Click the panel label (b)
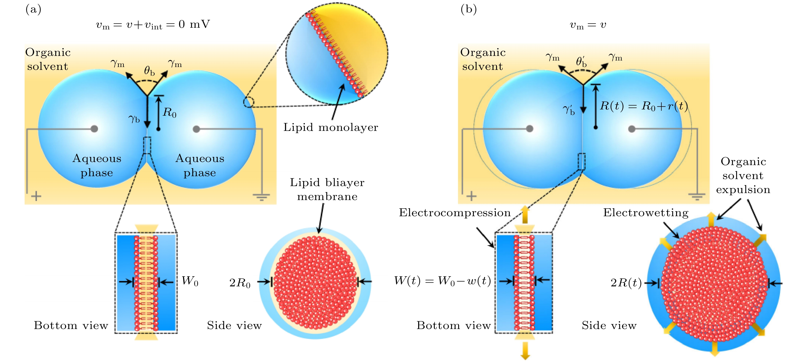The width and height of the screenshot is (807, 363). coord(469,9)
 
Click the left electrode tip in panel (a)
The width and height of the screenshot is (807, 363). coord(94,129)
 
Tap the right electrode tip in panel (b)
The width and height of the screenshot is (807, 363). coord(632,129)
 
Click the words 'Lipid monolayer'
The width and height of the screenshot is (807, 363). coord(330,128)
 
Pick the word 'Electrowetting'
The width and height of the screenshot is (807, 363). coord(646,213)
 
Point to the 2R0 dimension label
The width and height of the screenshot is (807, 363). coord(240,283)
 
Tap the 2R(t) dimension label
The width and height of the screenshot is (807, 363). coord(626,283)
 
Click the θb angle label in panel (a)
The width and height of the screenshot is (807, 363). coord(149,71)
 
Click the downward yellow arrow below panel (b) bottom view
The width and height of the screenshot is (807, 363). coord(525,351)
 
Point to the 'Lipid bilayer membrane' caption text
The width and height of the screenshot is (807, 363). coord(327,189)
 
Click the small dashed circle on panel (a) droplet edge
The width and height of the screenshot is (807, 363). coord(249,102)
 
